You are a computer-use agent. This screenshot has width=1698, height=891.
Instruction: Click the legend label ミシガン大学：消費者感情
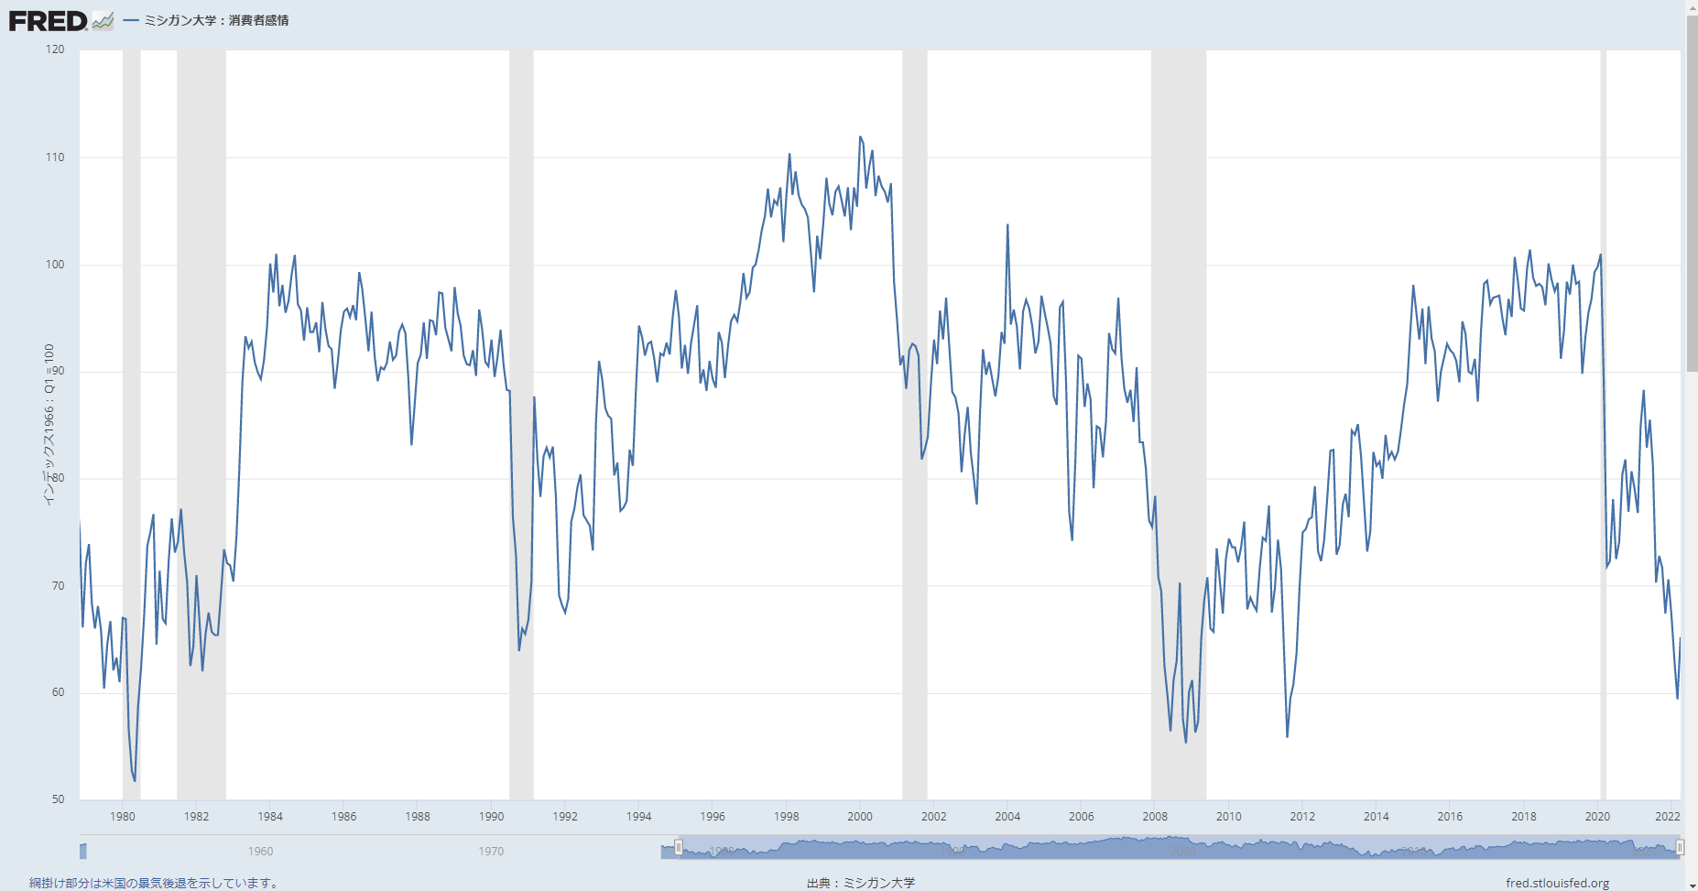[x=216, y=20]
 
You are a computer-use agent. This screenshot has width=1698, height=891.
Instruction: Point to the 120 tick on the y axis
[x=55, y=49]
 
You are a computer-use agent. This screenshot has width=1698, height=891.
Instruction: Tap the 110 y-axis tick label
[x=55, y=158]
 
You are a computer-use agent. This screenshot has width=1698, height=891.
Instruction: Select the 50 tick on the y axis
[x=58, y=799]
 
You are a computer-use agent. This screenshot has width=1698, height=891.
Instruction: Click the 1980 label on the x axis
[x=123, y=817]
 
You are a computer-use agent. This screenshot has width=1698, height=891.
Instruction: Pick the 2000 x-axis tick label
[x=860, y=817]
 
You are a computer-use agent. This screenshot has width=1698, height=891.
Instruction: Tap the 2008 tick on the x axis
[x=1155, y=817]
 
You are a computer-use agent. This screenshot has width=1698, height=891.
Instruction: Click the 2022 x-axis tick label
[x=1668, y=817]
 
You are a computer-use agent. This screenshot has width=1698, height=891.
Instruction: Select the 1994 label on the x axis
[x=638, y=817]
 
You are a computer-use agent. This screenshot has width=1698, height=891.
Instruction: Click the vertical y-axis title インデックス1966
[x=49, y=424]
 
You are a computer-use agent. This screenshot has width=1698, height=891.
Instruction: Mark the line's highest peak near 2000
[x=860, y=137]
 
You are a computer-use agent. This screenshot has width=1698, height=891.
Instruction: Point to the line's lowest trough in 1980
[x=135, y=780]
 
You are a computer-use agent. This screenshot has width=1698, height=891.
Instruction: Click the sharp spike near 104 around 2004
[x=1007, y=225]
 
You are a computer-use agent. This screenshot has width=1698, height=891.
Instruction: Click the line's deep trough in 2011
[x=1287, y=736]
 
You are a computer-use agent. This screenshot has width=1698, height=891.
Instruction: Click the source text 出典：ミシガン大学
[x=860, y=883]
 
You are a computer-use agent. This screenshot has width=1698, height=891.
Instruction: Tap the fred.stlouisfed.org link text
[x=1557, y=883]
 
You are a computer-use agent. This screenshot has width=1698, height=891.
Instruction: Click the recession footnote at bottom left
[x=154, y=883]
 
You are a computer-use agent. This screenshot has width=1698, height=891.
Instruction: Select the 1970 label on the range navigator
[x=491, y=852]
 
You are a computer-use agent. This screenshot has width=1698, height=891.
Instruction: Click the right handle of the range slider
[x=1680, y=848]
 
